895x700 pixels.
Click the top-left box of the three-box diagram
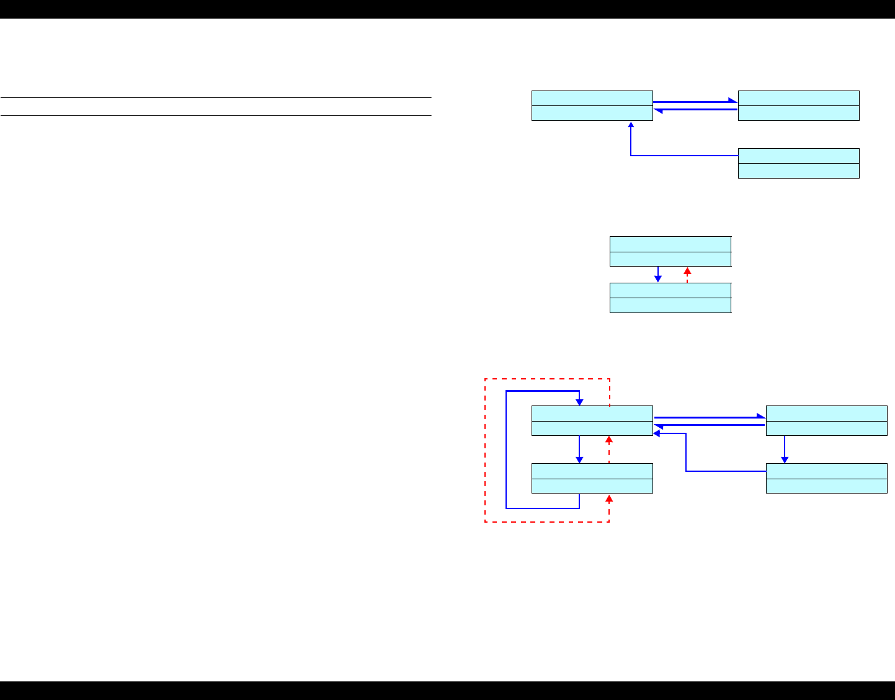tap(592, 105)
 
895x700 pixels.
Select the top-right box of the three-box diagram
tap(798, 105)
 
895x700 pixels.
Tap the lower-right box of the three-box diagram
tap(798, 163)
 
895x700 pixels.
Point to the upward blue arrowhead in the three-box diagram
tap(631, 125)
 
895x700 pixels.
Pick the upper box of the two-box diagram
tap(670, 251)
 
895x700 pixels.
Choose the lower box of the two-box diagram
tap(670, 298)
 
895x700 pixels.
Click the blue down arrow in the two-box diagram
tap(657, 275)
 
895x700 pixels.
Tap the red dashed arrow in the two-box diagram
tap(687, 275)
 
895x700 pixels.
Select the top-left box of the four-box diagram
tap(592, 421)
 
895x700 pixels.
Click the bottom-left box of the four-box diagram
tap(592, 478)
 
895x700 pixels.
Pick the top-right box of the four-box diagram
tap(826, 421)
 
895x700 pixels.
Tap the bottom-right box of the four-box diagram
tap(826, 478)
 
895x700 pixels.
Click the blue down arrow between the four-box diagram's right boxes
tap(785, 450)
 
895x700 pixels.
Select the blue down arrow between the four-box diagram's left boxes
tap(579, 450)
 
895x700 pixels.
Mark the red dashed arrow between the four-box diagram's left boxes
tap(609, 450)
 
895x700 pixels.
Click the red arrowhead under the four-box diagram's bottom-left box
tap(609, 498)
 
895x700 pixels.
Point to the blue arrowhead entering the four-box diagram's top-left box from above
tap(579, 402)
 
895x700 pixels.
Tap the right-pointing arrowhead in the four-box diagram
tap(761, 417)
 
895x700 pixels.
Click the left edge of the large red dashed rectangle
tap(484, 450)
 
